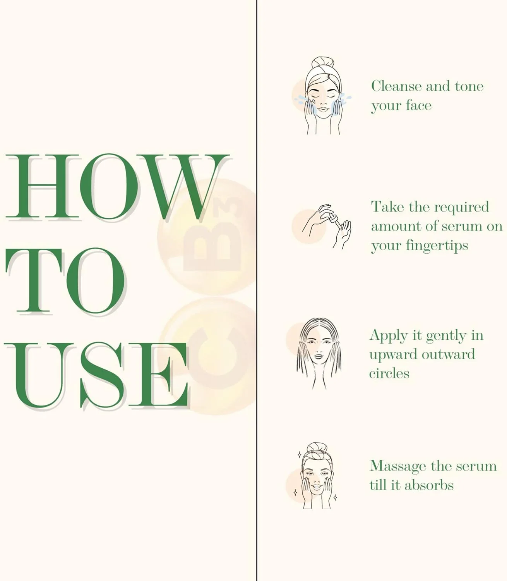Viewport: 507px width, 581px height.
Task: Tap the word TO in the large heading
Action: [65, 281]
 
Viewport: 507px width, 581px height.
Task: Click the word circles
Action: [389, 374]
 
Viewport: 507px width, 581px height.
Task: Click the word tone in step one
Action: [469, 86]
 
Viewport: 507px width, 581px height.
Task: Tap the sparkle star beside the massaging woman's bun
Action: [299, 455]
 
